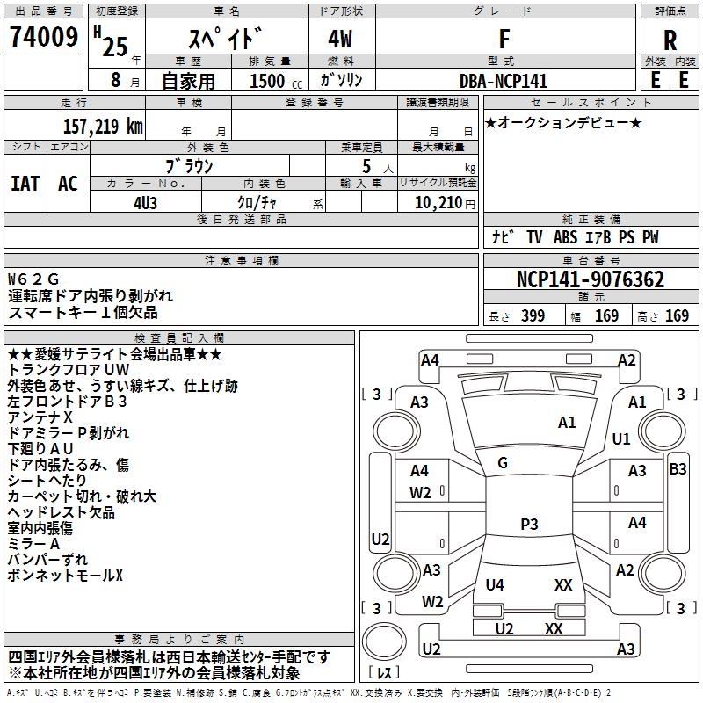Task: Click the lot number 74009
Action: (x=44, y=37)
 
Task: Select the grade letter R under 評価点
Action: (x=670, y=40)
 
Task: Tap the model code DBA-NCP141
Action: (x=504, y=81)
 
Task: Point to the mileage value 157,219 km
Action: (x=103, y=126)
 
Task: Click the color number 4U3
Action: (x=145, y=203)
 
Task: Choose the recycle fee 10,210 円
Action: (x=445, y=203)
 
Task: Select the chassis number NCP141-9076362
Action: (x=590, y=279)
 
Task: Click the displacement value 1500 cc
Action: (x=276, y=81)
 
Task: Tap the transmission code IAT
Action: (x=25, y=184)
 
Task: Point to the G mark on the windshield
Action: (x=503, y=463)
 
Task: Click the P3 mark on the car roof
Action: (x=529, y=524)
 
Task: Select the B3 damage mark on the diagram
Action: (x=678, y=469)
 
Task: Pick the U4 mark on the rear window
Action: (x=495, y=584)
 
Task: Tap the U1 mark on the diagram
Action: (x=621, y=438)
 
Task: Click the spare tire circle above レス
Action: (x=384, y=641)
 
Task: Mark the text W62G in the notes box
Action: (x=33, y=279)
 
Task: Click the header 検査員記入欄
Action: (x=179, y=338)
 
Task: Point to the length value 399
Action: (x=533, y=315)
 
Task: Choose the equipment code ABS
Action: (x=565, y=237)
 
